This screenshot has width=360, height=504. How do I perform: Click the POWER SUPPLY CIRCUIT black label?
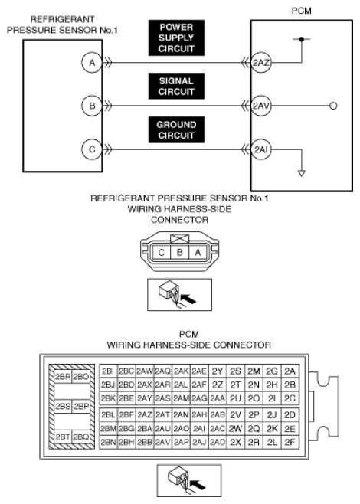[x=176, y=38]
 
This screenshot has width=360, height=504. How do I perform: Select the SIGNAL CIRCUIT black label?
[x=176, y=86]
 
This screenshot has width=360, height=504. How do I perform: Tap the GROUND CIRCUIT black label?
[x=176, y=130]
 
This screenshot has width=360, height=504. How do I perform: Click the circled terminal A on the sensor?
[x=92, y=63]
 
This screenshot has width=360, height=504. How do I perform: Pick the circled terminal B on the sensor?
[x=92, y=106]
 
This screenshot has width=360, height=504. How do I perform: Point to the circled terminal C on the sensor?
[x=92, y=149]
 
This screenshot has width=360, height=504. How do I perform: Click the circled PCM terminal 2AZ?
[x=260, y=63]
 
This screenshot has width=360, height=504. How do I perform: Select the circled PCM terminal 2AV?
[x=260, y=106]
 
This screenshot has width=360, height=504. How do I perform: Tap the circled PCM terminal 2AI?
[x=260, y=149]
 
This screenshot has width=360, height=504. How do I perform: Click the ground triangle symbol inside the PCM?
[x=301, y=173]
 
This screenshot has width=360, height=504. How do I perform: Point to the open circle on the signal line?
[x=334, y=106]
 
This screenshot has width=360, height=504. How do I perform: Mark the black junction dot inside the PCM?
[x=301, y=39]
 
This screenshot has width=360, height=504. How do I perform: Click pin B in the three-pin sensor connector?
[x=180, y=252]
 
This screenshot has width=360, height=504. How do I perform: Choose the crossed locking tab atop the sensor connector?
[x=180, y=238]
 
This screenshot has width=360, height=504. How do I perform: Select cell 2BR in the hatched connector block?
[x=63, y=377]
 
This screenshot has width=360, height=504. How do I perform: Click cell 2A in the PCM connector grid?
[x=290, y=371]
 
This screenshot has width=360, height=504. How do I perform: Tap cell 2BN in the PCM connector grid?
[x=108, y=442]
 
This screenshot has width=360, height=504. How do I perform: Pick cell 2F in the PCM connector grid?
[x=290, y=442]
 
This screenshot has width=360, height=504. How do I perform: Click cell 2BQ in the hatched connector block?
[x=80, y=437]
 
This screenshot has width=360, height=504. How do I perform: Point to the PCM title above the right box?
[x=302, y=11]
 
